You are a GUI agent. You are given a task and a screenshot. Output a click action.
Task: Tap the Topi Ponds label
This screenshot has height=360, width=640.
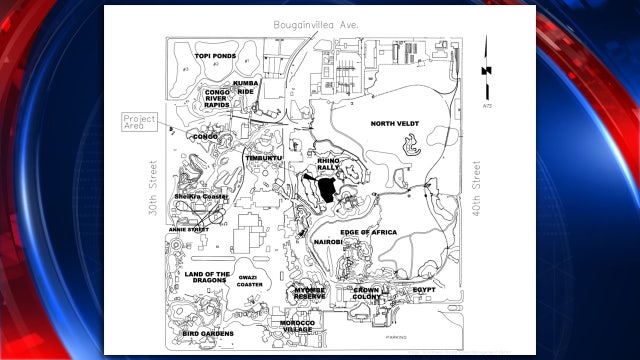214,56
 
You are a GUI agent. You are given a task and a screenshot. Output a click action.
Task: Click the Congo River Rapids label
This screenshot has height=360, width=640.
217,98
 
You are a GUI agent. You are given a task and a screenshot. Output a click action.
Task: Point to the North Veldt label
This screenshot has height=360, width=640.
394,124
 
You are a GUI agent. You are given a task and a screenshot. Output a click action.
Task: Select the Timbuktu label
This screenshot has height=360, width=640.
264,158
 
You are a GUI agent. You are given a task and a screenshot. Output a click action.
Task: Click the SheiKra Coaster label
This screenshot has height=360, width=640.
201,197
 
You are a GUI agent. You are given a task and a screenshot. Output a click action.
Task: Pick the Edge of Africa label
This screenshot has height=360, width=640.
368,232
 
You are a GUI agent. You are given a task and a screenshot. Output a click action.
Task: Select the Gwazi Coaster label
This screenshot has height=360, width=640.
249,281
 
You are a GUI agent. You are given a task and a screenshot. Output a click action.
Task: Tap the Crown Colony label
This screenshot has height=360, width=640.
366,293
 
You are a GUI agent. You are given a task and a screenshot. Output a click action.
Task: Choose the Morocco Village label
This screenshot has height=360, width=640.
297,326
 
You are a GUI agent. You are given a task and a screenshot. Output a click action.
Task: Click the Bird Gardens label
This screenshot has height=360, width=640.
209,332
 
